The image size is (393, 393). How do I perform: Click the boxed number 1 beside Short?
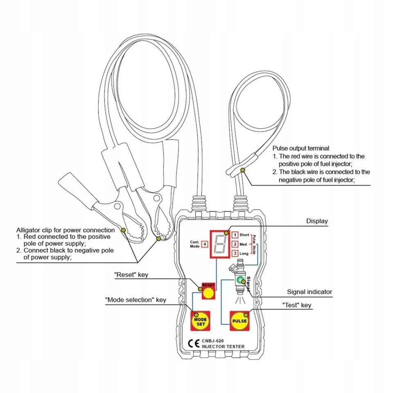point(235,235)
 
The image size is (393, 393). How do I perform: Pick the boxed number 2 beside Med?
point(235,244)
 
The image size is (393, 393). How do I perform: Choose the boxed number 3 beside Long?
point(235,254)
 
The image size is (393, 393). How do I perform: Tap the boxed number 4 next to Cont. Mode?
point(204,244)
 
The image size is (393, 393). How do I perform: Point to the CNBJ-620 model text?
point(213,340)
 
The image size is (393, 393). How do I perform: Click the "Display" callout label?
point(317,221)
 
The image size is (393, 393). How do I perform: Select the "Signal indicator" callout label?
point(309,292)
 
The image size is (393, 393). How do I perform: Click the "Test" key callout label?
point(297,305)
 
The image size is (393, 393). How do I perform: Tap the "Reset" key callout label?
point(131,275)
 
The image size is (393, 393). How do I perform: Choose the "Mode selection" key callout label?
point(136,300)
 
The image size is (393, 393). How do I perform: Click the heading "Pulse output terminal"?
point(301,148)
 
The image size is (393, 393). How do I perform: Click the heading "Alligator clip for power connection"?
point(65,230)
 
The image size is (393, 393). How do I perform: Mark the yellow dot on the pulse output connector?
point(243,169)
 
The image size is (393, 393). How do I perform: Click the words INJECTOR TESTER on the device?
point(223,347)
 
